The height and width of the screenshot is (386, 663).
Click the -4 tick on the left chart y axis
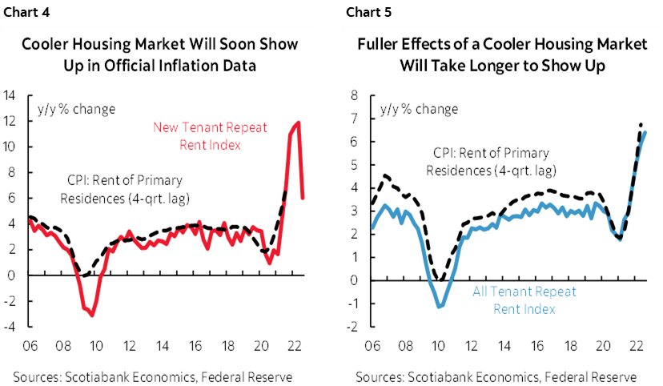(13, 326)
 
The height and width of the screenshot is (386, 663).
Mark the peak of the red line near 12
(299, 123)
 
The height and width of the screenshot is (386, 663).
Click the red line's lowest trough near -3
(92, 315)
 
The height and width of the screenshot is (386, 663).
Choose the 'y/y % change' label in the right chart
(419, 109)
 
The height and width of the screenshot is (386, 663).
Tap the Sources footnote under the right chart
(496, 376)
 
